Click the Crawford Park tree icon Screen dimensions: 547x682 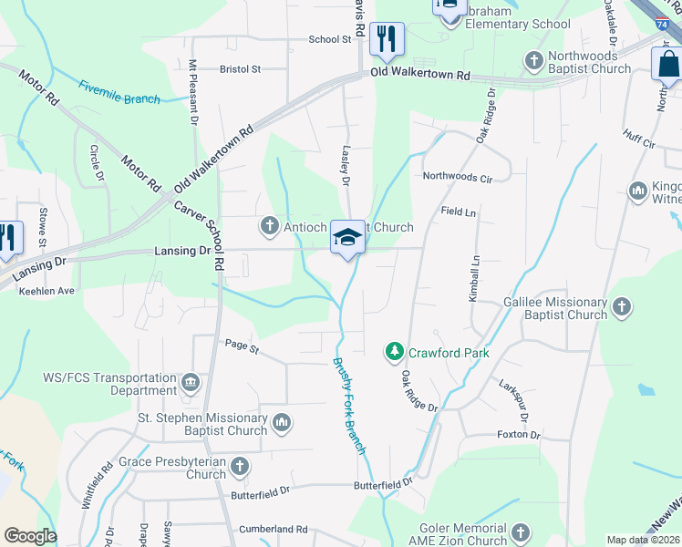pos(394,351)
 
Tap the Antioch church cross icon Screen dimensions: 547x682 pos(269,225)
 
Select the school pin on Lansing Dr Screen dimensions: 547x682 pos(347,239)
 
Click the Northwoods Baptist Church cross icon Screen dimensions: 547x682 pos(534,61)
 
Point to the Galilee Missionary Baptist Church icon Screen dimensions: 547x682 pos(622,307)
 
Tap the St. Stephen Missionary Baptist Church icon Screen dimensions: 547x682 pos(282,423)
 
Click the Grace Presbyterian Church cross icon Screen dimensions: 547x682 pos(240,467)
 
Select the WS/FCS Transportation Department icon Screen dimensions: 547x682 pos(191,383)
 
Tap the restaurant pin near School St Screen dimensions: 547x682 pos(387,39)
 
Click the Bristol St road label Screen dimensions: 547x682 pos(241,68)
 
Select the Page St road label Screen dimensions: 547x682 pos(242,348)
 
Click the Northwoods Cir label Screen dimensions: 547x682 pos(457,177)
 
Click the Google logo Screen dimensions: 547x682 pos(30,536)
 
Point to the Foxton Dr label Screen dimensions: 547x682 pos(519,435)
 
